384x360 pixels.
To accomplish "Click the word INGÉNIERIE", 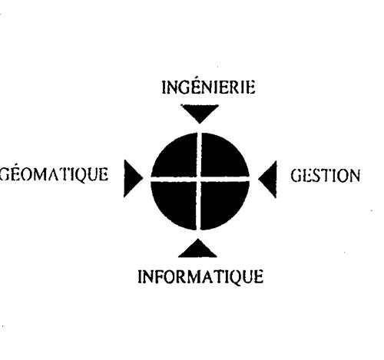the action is (x=208, y=87).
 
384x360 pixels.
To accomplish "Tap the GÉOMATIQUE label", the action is (x=54, y=174).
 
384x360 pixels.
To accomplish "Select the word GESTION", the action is (x=326, y=176).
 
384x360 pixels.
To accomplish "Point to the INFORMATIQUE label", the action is (x=200, y=277).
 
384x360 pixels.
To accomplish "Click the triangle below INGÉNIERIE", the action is (x=200, y=111).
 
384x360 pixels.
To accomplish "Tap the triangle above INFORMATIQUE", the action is (x=197, y=250).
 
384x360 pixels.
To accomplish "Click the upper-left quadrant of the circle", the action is (x=177, y=158).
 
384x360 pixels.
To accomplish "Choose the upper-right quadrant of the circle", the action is (x=222, y=158).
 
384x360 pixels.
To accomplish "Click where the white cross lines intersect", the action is (x=199, y=179).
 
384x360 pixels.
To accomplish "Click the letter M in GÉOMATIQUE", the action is (x=43, y=174).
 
